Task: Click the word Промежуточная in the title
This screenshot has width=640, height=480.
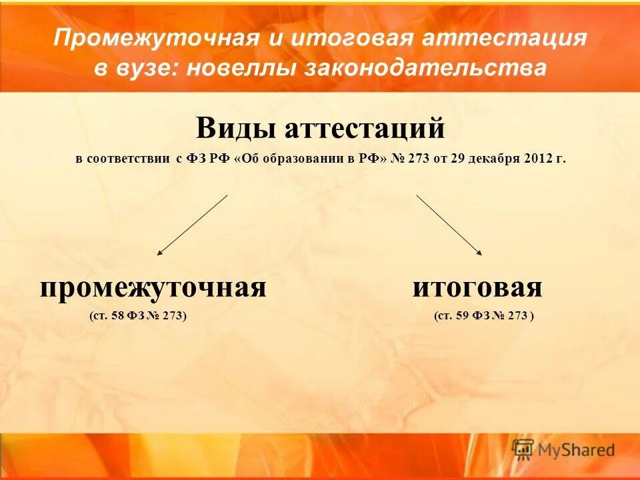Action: [x=156, y=38]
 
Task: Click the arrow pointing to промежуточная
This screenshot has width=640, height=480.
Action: [x=192, y=225]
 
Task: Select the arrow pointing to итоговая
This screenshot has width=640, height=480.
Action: [x=449, y=225]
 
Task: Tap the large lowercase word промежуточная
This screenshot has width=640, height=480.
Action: [x=153, y=288]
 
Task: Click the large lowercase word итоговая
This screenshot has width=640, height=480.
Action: [x=477, y=288]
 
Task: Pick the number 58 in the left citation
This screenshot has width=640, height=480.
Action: [x=118, y=315]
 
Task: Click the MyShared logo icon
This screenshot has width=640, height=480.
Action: [x=523, y=449]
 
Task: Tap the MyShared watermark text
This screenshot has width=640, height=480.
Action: [x=577, y=451]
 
